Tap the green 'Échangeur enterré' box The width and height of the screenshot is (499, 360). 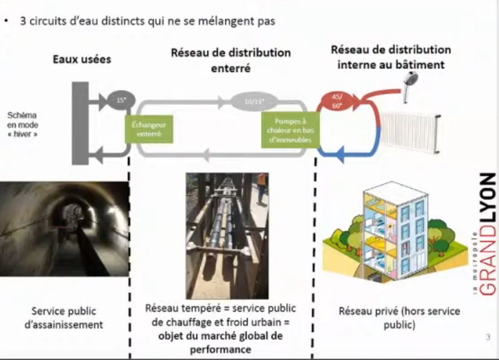[149, 129]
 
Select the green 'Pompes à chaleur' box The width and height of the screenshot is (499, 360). [288, 129]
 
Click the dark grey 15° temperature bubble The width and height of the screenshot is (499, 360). [120, 100]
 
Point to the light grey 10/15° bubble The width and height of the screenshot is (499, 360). [249, 101]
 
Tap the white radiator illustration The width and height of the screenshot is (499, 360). [411, 131]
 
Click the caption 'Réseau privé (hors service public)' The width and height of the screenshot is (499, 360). [399, 317]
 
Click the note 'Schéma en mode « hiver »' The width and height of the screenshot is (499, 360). [23, 125]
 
